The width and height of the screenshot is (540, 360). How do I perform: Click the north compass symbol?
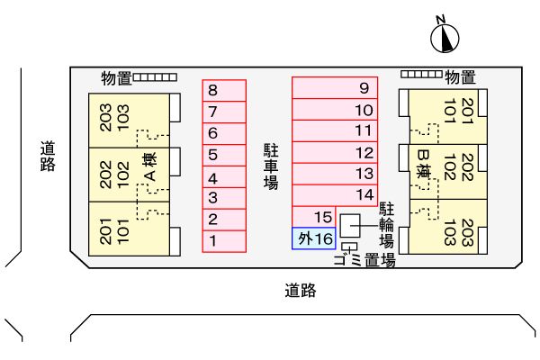(x=445, y=37)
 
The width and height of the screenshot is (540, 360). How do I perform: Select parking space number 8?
(x=223, y=90)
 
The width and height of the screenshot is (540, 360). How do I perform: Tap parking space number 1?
(x=223, y=241)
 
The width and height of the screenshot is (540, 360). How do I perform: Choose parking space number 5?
(x=223, y=155)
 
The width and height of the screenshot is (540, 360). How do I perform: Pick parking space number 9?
(x=335, y=88)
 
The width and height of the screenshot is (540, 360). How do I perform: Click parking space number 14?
(x=335, y=195)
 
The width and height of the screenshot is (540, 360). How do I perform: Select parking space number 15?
(x=314, y=217)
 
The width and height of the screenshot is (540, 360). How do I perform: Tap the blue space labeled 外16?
(x=314, y=238)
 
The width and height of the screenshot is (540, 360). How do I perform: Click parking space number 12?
(x=335, y=153)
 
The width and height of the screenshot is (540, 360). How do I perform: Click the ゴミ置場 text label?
(x=364, y=262)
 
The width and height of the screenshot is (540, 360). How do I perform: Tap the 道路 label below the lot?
(x=301, y=291)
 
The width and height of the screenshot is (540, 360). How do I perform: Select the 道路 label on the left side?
(x=48, y=156)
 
